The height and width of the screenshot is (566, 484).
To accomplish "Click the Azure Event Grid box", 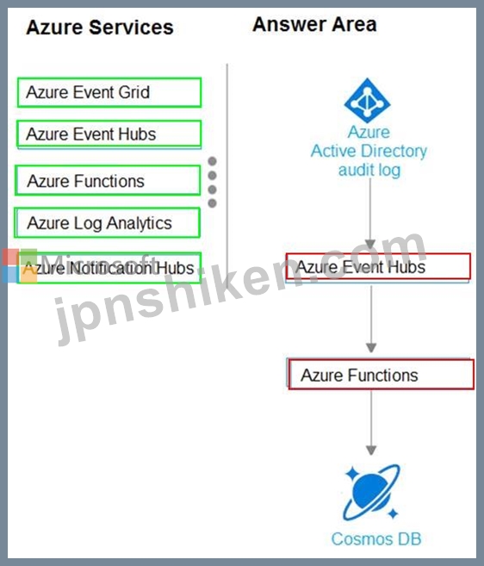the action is click(109, 92).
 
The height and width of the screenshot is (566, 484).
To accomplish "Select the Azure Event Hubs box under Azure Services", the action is click(109, 134).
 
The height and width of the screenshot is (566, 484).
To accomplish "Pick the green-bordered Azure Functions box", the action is click(108, 181).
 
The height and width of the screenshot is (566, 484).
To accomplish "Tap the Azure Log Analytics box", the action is click(107, 223).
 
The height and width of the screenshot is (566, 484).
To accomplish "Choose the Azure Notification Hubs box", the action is click(109, 268).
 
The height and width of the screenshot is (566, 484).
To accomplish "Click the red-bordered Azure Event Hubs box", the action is click(378, 267).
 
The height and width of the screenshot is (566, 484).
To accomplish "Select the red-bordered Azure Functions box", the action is click(381, 375).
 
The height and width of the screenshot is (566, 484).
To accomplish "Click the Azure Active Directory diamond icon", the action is click(368, 100).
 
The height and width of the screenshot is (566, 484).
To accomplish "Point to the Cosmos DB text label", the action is click(376, 539).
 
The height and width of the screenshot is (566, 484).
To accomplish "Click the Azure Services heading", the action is click(100, 28).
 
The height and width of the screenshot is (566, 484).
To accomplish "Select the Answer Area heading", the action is click(314, 24).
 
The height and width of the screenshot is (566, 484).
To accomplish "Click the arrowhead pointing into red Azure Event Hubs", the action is click(370, 244).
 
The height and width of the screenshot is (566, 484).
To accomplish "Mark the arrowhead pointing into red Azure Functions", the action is click(371, 348).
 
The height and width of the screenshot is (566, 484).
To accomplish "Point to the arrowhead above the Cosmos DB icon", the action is click(371, 450).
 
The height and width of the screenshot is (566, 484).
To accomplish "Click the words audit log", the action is click(369, 170).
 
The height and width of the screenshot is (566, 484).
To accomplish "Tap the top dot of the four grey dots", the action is click(213, 161).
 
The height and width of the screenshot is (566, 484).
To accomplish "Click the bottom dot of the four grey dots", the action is click(213, 203).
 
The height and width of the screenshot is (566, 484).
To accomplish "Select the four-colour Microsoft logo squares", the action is click(20, 265).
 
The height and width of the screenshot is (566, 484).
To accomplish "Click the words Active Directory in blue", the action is click(369, 151).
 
